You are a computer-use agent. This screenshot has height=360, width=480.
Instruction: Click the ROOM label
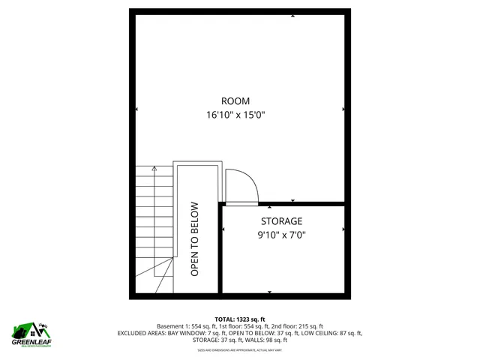coord(235,101)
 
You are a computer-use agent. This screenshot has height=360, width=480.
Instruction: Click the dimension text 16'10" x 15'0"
coord(236,115)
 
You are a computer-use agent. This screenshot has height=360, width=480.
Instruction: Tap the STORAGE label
coord(281,221)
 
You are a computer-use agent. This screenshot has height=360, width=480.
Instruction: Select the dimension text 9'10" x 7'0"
coord(281,235)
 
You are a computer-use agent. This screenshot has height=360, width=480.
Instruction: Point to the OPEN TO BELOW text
coord(194,239)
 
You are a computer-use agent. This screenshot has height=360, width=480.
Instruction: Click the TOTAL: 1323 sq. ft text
coord(240,319)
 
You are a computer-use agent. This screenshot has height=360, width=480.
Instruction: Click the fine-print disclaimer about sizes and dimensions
coord(240,349)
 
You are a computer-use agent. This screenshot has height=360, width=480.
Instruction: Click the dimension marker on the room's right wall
coord(343,109)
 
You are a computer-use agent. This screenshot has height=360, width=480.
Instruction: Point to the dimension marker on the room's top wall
coord(292,15)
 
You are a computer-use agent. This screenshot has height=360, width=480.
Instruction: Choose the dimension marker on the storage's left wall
coord(224,230)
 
